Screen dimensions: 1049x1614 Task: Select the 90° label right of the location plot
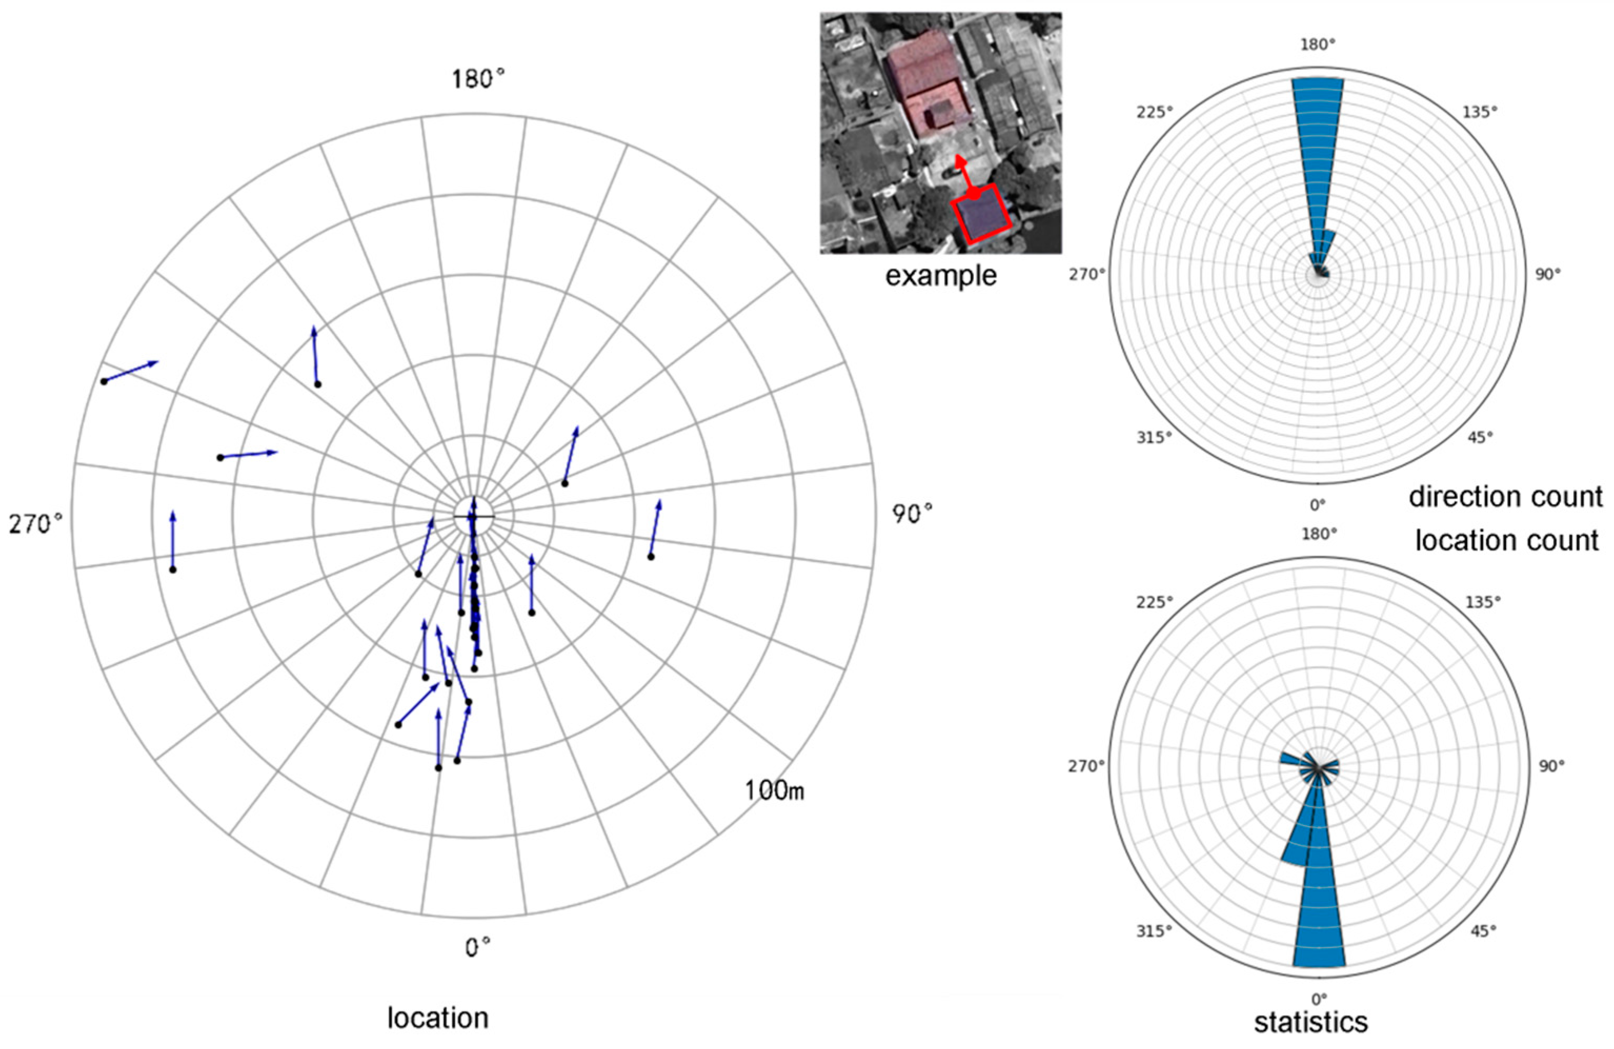coord(911,515)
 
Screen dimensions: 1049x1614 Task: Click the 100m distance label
coord(775,790)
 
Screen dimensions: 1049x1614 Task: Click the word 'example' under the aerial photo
coord(941,276)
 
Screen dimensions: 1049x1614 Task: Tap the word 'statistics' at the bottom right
coord(1310,1022)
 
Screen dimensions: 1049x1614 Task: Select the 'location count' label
coord(1507,541)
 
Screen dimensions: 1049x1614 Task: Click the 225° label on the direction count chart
coord(1154,112)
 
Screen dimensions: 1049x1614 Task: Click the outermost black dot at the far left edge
coord(104,382)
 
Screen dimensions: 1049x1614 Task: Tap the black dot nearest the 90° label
coord(651,557)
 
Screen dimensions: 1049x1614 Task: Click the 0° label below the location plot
coord(478,948)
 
